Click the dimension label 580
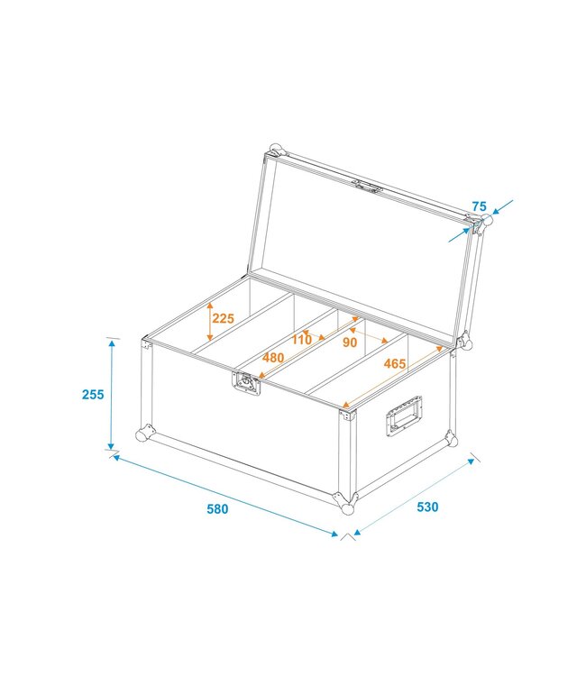click(x=217, y=509)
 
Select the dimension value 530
click(x=426, y=507)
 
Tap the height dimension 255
click(x=93, y=394)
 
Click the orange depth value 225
click(x=224, y=317)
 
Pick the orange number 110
click(x=301, y=339)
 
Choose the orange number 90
click(x=350, y=343)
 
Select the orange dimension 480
click(x=274, y=357)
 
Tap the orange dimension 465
click(x=394, y=364)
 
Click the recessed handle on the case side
click(x=405, y=417)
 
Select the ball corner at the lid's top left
click(x=276, y=150)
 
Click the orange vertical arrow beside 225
click(x=209, y=317)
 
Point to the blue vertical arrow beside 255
click(x=112, y=394)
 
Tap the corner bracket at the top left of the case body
click(x=145, y=343)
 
